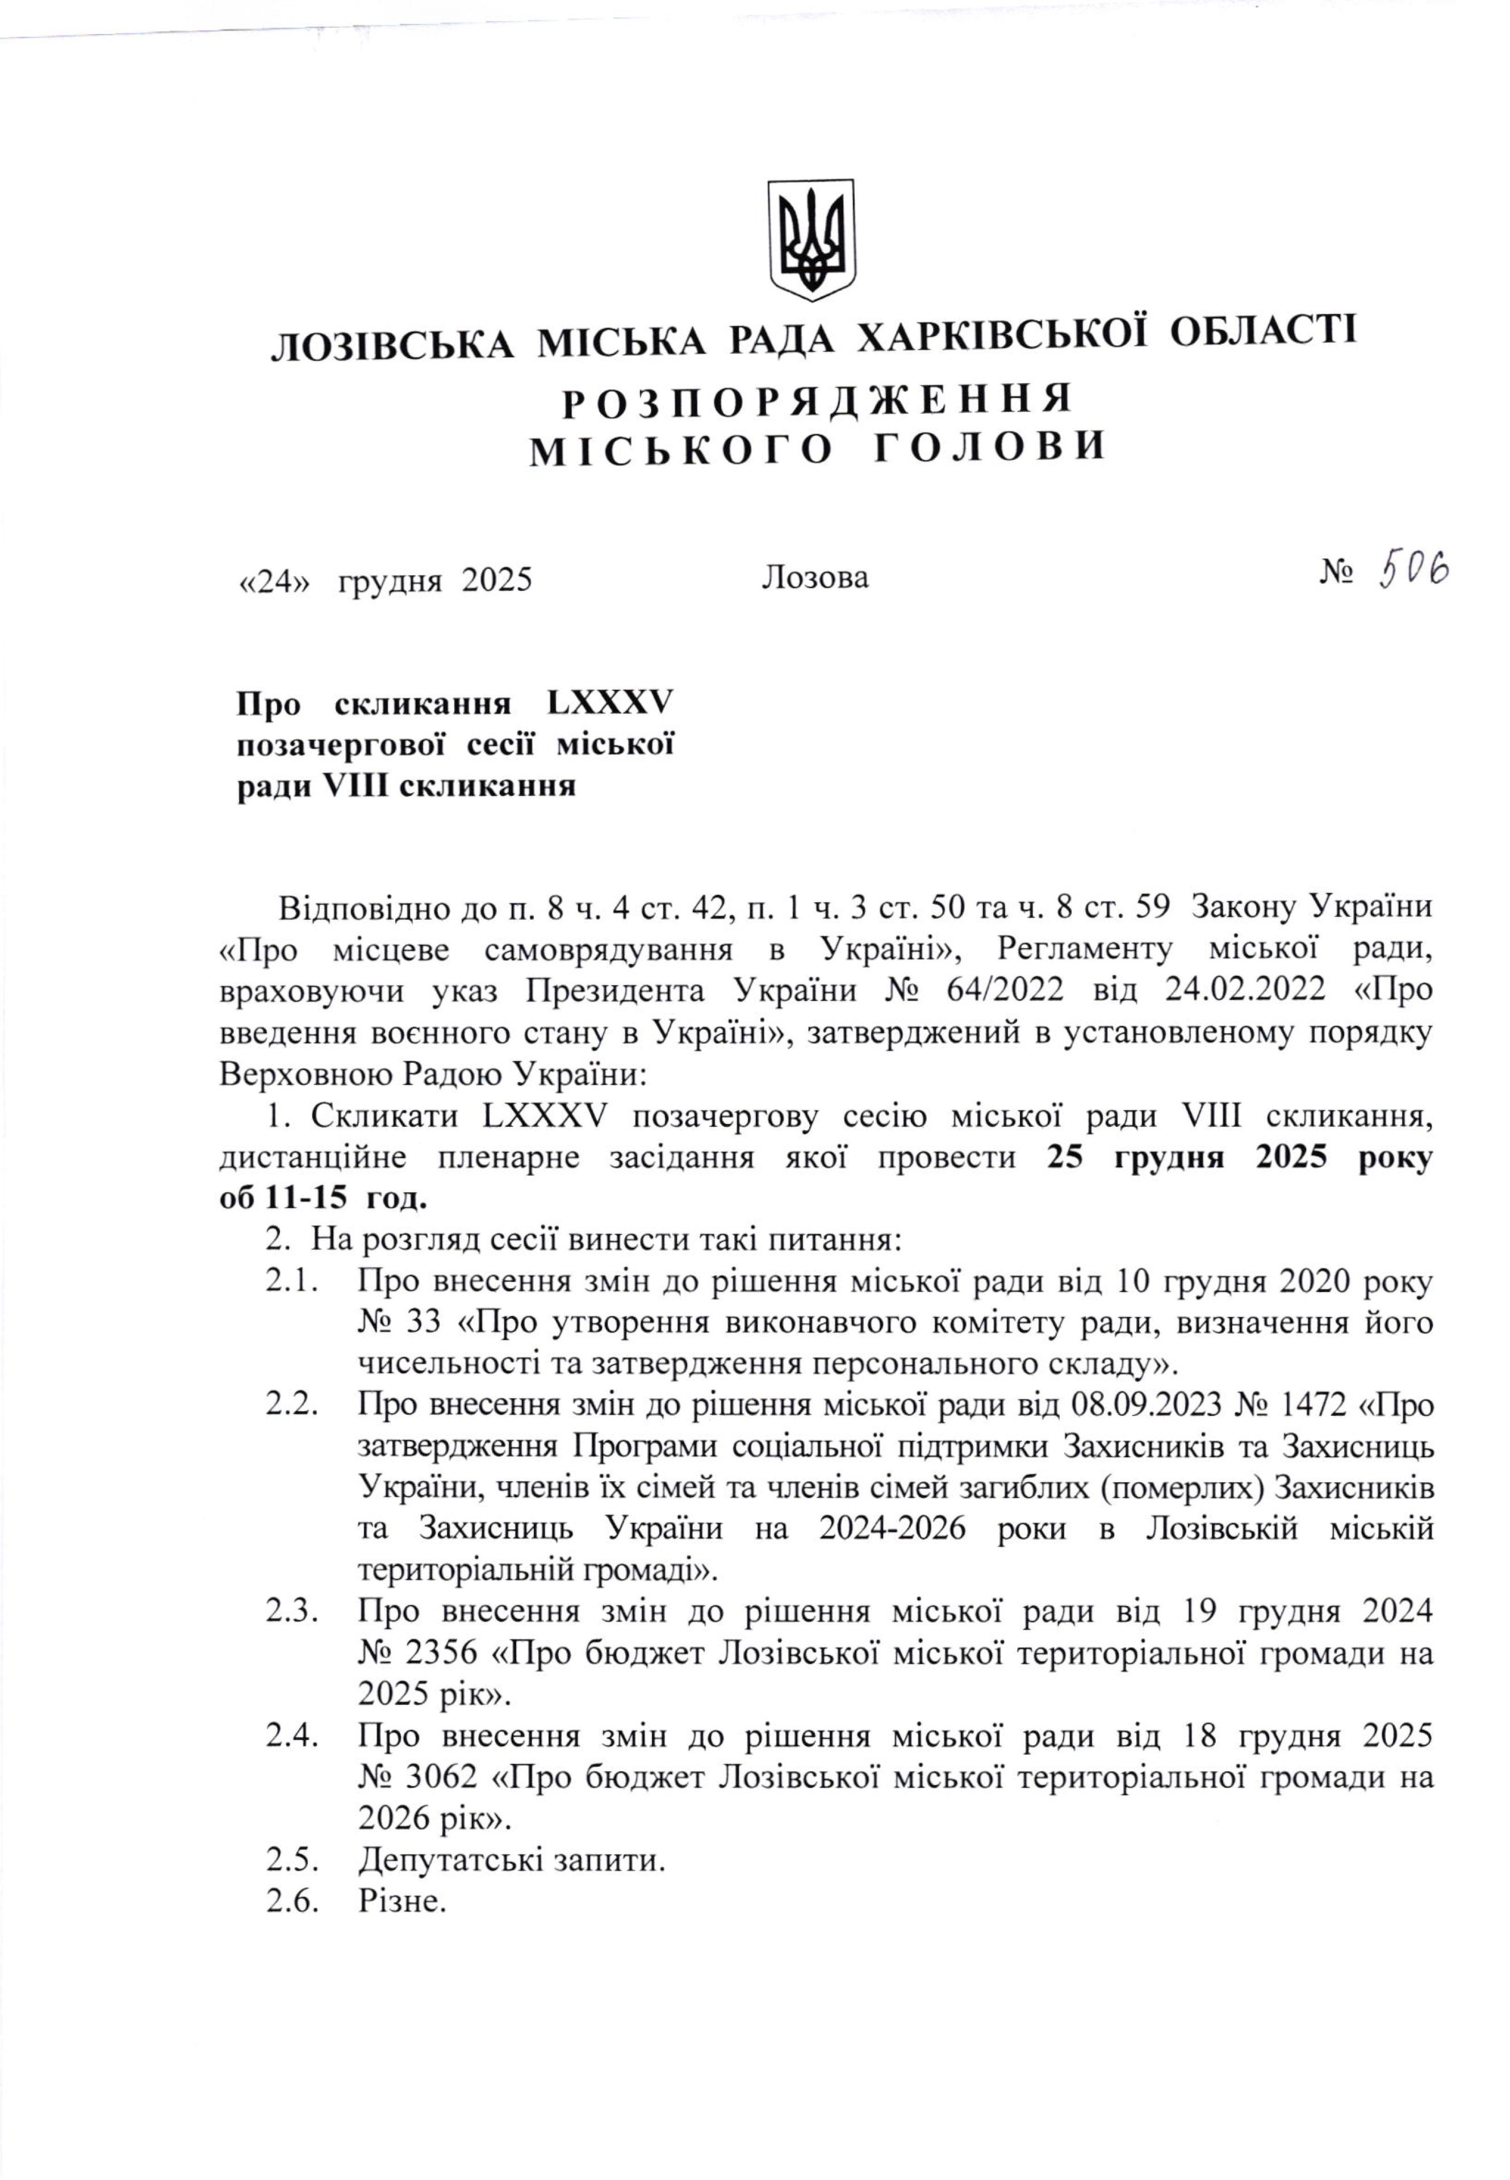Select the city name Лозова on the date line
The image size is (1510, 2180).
[x=814, y=577]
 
